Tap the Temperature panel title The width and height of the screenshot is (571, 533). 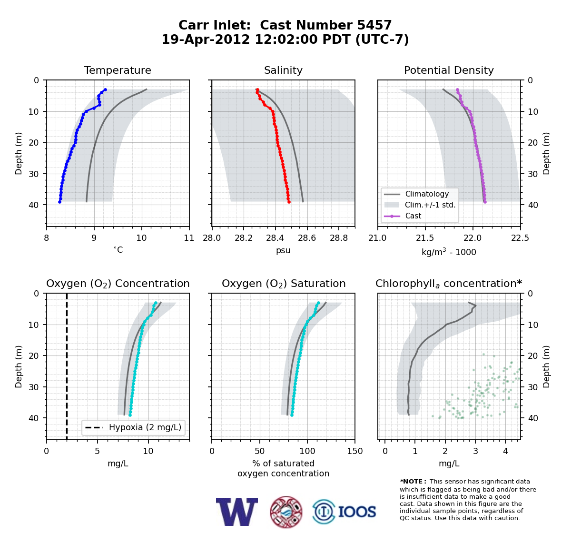pos(118,70)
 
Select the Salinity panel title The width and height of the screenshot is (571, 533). pos(283,70)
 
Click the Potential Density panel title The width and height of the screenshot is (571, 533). pos(449,70)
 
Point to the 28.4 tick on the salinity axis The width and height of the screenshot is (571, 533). pos(275,238)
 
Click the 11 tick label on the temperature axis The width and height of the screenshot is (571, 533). pos(189,238)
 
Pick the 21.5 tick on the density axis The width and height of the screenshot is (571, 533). pos(425,238)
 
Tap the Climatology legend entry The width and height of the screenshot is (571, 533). pos(427,194)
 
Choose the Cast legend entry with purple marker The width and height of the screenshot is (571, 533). pos(413,216)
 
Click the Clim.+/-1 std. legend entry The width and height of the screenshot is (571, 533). pos(430,205)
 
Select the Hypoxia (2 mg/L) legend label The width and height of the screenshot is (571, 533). pos(145,427)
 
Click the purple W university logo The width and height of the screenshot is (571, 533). pos(237,512)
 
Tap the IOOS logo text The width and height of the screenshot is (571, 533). pos(357,512)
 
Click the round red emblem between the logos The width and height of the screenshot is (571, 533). pos(286,512)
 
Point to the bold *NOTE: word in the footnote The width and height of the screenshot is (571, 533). pos(411,482)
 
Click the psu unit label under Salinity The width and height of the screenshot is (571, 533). pos(283,250)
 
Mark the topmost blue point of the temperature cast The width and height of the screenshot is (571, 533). pos(106,90)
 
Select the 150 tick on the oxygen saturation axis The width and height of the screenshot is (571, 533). pos(355,451)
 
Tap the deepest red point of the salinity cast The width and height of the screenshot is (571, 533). pos(289,202)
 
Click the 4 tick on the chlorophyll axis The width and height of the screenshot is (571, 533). pos(505,451)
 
